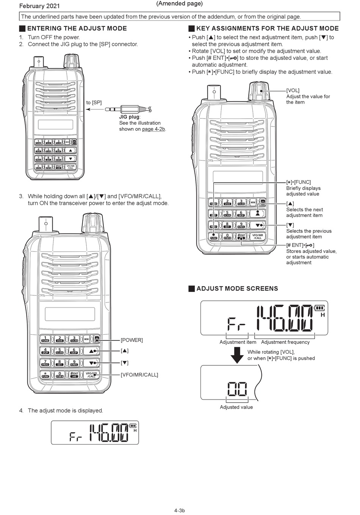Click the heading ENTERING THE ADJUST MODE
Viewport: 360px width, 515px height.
pos(77,28)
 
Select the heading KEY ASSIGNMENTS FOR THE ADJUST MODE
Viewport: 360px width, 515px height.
pos(267,28)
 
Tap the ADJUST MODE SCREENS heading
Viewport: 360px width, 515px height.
pos(237,289)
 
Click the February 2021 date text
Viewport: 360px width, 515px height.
pos(39,6)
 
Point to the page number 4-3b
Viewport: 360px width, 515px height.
pos(180,510)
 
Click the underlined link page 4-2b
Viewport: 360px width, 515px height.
pos(154,129)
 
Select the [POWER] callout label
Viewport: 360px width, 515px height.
pos(132,340)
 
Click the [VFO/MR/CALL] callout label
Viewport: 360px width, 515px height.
pos(139,375)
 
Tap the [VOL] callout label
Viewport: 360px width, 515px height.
pos(293,91)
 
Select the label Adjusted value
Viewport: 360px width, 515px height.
pos(236,407)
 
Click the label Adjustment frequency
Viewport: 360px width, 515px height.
pos(285,342)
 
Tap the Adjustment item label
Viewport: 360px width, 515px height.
pos(238,342)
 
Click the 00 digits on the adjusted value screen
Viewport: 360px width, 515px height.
pos(237,389)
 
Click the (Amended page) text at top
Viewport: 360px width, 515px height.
pos(179,4)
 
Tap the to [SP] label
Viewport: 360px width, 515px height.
pos(94,103)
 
